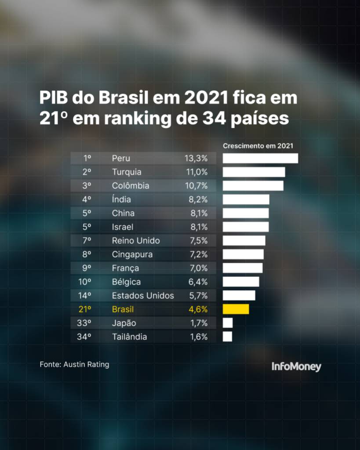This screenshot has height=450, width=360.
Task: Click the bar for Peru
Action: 260,158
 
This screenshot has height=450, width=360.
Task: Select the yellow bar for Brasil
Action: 236,309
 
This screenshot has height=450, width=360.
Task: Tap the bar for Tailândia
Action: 227,337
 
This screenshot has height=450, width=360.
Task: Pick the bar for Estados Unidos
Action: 239,295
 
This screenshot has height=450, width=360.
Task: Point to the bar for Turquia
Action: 254,172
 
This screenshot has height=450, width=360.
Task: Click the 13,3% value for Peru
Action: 196,158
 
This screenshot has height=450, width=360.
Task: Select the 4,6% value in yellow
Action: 198,309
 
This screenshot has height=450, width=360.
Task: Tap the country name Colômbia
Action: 131,185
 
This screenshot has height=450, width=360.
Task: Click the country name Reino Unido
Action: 136,240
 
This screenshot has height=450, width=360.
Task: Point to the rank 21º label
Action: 85,309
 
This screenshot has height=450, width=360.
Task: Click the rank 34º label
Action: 84,337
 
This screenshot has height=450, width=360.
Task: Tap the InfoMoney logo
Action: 296,367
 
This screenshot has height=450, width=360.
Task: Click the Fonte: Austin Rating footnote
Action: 74,364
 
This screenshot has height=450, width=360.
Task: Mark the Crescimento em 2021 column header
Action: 258,145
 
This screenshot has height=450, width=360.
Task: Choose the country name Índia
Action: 121,200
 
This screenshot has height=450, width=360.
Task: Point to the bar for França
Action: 243,268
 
